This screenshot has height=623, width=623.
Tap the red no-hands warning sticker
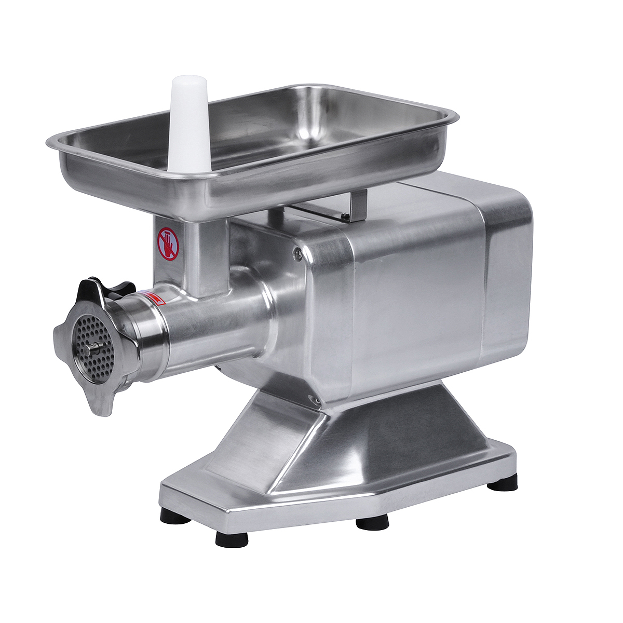point(168,243)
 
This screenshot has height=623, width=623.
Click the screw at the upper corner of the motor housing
point(297,253)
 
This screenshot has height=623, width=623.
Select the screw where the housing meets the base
point(313,399)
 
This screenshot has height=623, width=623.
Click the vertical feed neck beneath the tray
point(205,257)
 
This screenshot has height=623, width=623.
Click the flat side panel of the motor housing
point(415,306)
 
